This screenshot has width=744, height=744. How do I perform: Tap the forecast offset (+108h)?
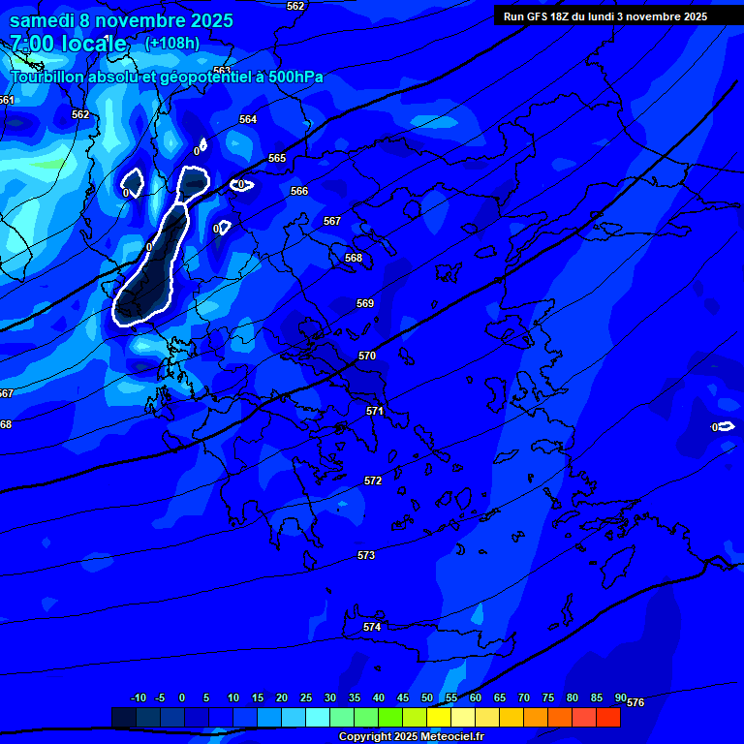(x=172, y=43)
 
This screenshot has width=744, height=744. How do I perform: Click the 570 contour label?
(x=367, y=356)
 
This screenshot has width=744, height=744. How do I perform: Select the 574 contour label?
(x=372, y=627)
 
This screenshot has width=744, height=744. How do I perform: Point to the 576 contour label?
(x=635, y=702)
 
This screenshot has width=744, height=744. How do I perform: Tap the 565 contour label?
(x=277, y=158)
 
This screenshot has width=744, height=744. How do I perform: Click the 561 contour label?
(x=7, y=100)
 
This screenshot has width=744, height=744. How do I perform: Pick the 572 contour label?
(x=373, y=480)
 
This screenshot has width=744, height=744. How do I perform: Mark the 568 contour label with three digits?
(x=354, y=258)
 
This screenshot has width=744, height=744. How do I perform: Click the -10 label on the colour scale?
(x=139, y=697)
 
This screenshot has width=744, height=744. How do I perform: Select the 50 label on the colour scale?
(x=427, y=697)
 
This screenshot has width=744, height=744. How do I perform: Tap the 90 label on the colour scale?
(x=621, y=697)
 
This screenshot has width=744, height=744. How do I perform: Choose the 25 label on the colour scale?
(x=306, y=697)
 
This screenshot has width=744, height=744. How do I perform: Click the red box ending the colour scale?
(x=607, y=717)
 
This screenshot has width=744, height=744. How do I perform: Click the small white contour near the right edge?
(x=725, y=426)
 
